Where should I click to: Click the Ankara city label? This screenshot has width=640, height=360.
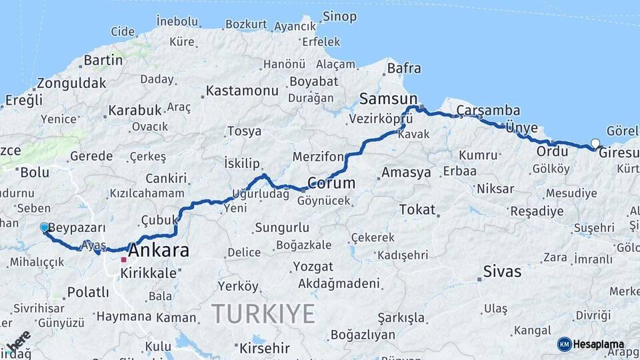(x=158, y=251)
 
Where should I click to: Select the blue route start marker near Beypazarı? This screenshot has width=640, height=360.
(x=45, y=227)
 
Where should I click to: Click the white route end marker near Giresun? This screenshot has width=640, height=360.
(x=595, y=143)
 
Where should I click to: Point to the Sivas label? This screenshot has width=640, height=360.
(x=501, y=272)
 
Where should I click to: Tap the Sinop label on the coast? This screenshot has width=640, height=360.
(x=339, y=16)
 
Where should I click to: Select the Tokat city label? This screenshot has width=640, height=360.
(x=417, y=209)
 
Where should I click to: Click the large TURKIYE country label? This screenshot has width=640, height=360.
(x=263, y=313)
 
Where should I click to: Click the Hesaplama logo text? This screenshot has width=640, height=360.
(x=599, y=345)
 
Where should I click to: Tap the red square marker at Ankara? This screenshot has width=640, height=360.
(x=123, y=259)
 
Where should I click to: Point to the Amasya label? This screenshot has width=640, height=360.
(x=406, y=173)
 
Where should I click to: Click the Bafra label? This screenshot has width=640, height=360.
(x=404, y=68)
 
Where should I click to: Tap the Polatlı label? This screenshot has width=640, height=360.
(x=88, y=292)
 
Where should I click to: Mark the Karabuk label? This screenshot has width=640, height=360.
(x=135, y=110)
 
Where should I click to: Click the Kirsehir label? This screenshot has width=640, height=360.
(x=264, y=348)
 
